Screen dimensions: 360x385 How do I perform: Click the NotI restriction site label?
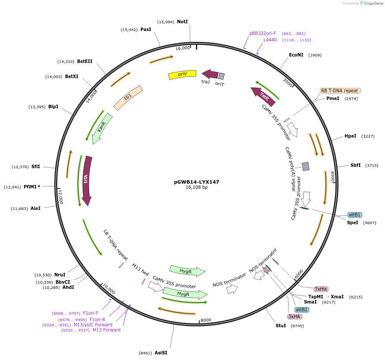(x=183, y=22)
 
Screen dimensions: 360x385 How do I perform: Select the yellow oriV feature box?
(x=182, y=75)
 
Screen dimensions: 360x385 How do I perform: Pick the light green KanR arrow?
(x=102, y=128)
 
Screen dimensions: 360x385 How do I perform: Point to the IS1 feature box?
(x=128, y=98)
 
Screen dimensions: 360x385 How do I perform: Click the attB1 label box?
(x=355, y=215)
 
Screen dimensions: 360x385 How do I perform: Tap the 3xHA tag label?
(x=295, y=316)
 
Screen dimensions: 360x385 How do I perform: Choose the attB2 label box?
(x=301, y=310)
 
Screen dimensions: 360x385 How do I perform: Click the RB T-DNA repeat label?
(x=340, y=91)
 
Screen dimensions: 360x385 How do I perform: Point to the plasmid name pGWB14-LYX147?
(x=196, y=182)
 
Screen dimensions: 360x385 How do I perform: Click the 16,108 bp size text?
(x=196, y=188)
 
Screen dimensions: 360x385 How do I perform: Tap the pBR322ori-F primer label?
(x=263, y=33)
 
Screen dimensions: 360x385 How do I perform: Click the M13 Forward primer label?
(x=106, y=330)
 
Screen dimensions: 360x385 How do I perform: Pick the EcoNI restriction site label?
(x=296, y=55)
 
